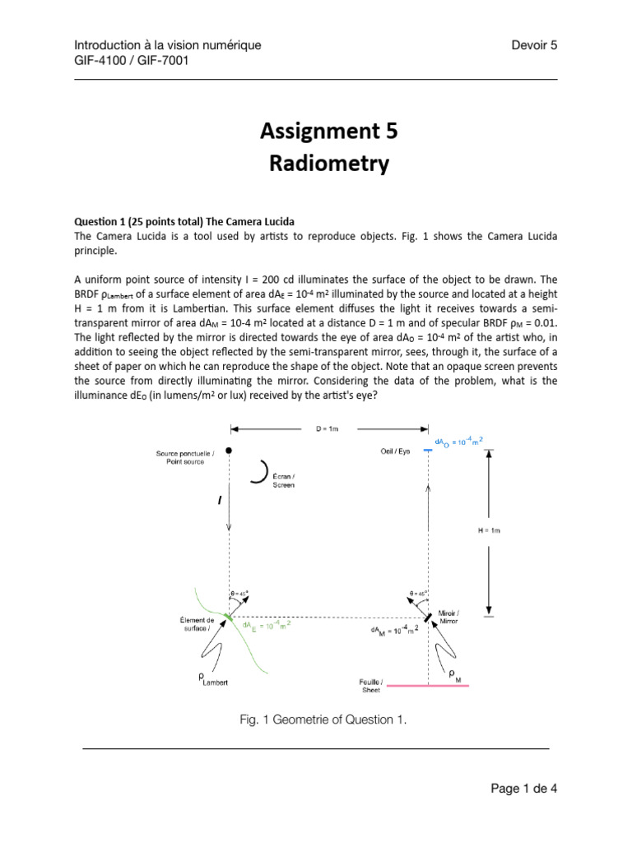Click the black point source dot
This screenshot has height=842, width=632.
point(229,450)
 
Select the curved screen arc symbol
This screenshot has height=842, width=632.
point(265,470)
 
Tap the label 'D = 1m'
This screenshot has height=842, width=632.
point(328,428)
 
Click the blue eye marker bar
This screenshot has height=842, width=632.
point(428,450)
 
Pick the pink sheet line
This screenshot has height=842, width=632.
point(428,684)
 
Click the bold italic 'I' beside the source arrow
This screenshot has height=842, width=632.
point(220,499)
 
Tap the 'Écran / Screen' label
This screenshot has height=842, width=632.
point(283,481)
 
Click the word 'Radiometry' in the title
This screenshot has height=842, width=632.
point(329,164)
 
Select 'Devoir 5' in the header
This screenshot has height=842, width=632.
point(534,45)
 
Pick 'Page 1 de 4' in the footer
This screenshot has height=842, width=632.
point(524,789)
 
